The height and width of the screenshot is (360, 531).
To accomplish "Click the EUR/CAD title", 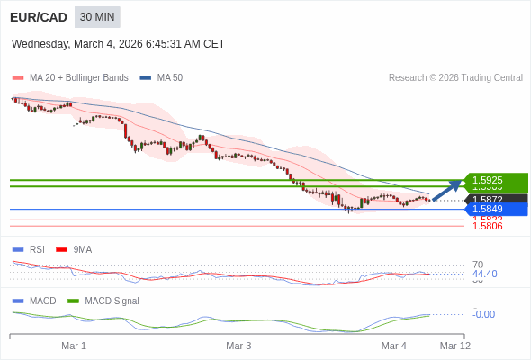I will coord(39,17).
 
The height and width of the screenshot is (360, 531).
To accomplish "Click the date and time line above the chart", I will coord(118,44).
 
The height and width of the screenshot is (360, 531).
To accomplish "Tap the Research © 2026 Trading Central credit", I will coord(455,78).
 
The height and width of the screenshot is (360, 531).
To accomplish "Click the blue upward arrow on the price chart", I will coord(446,190).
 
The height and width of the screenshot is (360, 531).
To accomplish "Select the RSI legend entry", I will coord(36,249).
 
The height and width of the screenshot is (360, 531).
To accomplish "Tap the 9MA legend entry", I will coord(82,249).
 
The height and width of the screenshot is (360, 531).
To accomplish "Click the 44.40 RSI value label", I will coord(484,274).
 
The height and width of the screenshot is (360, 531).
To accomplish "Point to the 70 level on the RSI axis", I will coord(478,265).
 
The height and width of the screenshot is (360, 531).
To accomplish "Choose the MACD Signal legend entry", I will coord(112,301).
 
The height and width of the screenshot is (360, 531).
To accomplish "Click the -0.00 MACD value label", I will coord(483,314).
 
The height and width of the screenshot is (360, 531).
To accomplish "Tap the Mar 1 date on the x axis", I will coord(74,346).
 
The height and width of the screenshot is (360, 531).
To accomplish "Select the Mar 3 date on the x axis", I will coord(238,346).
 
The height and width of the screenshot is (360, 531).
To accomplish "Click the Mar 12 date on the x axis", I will coord(454,346).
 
